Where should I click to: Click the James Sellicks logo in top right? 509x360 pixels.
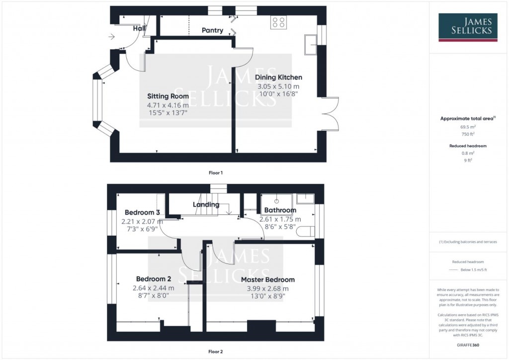pos(468,27)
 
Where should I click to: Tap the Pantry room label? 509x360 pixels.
pos(212,30)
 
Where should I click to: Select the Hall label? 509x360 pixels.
pos(139,29)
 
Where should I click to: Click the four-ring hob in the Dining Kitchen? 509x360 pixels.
pos(278,22)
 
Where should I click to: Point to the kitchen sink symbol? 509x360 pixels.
pos(311,45)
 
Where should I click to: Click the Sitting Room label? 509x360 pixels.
pos(168,96)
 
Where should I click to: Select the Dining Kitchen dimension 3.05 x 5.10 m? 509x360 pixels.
pos(278,87)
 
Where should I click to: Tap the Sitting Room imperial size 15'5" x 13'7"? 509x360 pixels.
pos(168,113)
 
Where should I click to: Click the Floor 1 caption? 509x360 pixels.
pos(215,173)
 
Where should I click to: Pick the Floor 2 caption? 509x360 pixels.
pos(215,352)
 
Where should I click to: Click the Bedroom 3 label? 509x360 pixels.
pos(142,212)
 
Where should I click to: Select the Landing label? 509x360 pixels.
pos(206,204)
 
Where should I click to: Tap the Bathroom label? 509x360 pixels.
pos(280,210)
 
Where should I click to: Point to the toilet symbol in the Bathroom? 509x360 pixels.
pos(308,230)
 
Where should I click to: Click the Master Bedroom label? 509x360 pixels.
pos(267,279)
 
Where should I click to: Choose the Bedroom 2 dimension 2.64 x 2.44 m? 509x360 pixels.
pos(153,288)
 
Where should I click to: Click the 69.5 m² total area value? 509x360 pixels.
pos(468,127)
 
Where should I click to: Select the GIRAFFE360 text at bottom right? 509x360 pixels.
pos(468,345)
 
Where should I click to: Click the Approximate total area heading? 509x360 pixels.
pos(467,118)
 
